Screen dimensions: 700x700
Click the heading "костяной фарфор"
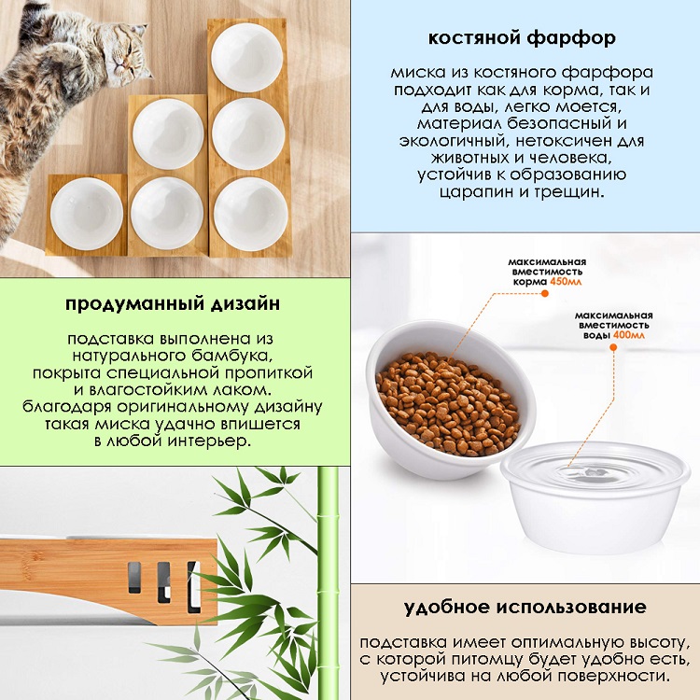coord(522,38)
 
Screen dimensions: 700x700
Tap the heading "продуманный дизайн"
coord(173,304)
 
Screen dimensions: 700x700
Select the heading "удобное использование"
coord(525,608)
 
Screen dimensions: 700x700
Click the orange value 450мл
coord(566,282)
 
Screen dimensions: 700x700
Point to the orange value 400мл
coord(628,335)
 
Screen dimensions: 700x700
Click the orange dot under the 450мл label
coord(544,293)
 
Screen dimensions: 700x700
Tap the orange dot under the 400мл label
coord(613,347)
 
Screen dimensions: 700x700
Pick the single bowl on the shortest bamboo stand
coord(87,214)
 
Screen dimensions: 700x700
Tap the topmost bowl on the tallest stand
coord(247,57)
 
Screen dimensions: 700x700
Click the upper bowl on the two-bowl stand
coord(168,133)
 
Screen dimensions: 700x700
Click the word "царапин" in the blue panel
coord(476,192)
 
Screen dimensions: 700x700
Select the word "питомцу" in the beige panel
coord(487,660)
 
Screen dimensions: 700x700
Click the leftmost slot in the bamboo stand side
coord(134,577)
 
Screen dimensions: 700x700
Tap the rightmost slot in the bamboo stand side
coord(194,587)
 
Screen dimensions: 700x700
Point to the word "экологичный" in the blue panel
coord(455,142)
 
